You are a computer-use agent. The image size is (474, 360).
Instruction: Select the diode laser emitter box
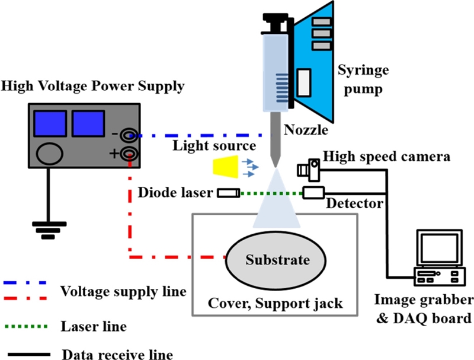tap(229, 193)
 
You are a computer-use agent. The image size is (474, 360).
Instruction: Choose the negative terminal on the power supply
tap(127, 136)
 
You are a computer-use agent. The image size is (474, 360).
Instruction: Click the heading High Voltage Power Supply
tap(93, 87)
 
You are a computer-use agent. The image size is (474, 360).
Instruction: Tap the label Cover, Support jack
tap(275, 304)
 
